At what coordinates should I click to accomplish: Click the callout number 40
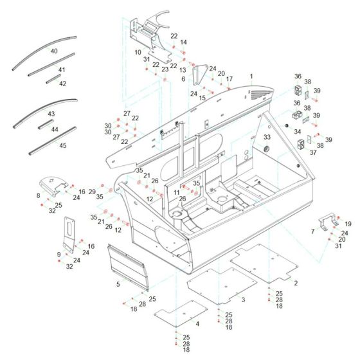click(53, 51)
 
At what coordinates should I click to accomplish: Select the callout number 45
click(62, 145)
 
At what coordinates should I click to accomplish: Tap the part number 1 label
click(251, 76)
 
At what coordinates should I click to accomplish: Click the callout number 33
click(267, 138)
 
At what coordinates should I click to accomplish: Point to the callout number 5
click(118, 283)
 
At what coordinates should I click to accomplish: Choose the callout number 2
click(295, 283)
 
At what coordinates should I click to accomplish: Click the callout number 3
click(243, 300)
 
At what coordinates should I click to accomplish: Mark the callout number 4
click(197, 324)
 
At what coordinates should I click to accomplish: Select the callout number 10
click(138, 52)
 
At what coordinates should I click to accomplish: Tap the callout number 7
click(313, 231)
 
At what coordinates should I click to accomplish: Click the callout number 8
click(38, 195)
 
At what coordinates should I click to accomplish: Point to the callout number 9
click(59, 255)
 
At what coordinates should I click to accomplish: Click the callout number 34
click(298, 132)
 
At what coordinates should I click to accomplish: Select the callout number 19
click(348, 224)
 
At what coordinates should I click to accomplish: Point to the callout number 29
click(92, 192)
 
